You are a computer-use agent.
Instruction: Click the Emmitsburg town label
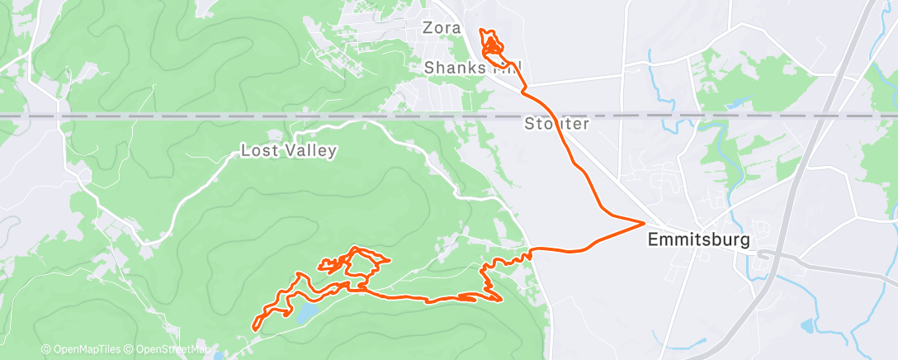(698, 240)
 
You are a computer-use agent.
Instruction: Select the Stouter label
(556, 125)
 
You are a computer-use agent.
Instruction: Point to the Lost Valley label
(288, 150)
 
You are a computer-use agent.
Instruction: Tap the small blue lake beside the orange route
(304, 313)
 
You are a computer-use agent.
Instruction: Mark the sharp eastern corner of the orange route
(643, 222)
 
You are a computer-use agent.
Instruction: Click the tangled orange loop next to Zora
(492, 46)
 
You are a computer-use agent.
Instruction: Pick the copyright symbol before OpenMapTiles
(45, 349)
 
